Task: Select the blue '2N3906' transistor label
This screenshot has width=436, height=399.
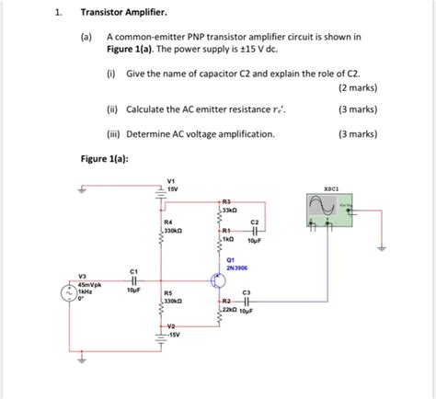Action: pos(237,268)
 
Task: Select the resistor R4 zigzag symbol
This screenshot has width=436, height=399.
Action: pos(157,237)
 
